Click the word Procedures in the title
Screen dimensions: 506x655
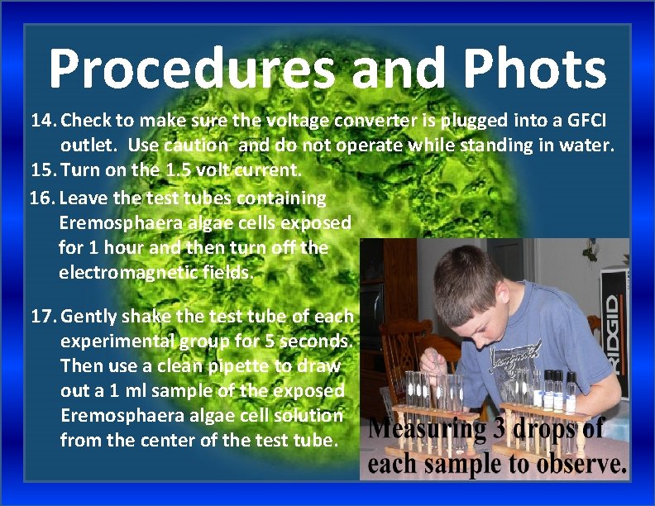pyautogui.click(x=192, y=69)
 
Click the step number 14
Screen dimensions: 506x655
pyautogui.click(x=42, y=121)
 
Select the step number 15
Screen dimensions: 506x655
pyautogui.click(x=42, y=171)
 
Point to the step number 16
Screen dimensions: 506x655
pyautogui.click(x=42, y=198)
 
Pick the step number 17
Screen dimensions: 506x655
pyautogui.click(x=42, y=316)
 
